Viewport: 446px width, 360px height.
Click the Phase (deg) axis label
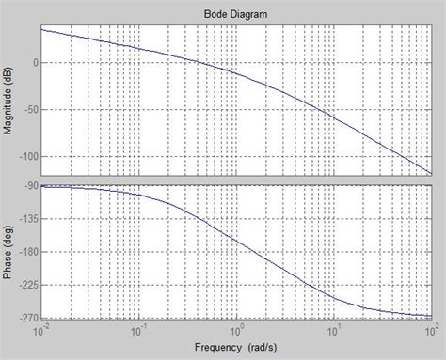click(x=8, y=251)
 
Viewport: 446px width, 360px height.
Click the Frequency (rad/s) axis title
click(x=235, y=348)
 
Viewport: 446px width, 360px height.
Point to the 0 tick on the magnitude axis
click(x=33, y=62)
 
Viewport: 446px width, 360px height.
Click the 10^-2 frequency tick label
click(x=40, y=330)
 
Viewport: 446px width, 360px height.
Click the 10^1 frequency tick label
click(x=333, y=330)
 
